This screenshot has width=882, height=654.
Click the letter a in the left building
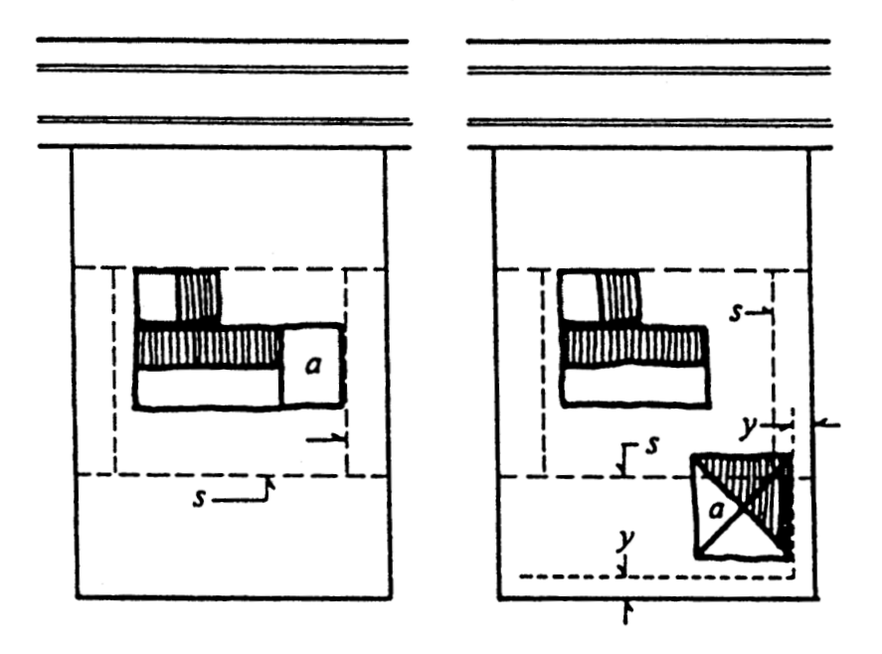[x=313, y=367]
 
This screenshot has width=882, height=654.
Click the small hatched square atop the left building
[x=198, y=296]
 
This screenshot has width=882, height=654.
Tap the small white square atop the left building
[x=156, y=296]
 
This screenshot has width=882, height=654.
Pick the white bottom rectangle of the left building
[x=209, y=387]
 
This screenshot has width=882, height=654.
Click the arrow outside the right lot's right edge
[x=827, y=424]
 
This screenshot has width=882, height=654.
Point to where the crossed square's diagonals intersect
[x=743, y=506]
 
